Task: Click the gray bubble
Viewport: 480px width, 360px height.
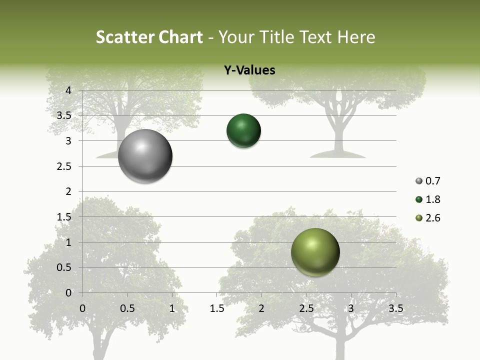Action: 145,156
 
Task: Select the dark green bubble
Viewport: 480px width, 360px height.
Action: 243,131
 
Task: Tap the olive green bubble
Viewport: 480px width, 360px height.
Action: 315,252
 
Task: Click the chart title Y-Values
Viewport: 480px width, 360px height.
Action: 249,70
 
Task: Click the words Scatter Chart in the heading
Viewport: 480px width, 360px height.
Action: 149,37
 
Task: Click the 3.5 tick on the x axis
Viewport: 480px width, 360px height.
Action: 395,308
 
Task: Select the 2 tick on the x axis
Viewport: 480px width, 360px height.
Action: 261,308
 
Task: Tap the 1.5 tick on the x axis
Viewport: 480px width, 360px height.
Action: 216,308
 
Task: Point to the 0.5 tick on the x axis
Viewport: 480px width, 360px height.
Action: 127,308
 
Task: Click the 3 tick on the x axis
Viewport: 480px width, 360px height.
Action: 351,308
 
